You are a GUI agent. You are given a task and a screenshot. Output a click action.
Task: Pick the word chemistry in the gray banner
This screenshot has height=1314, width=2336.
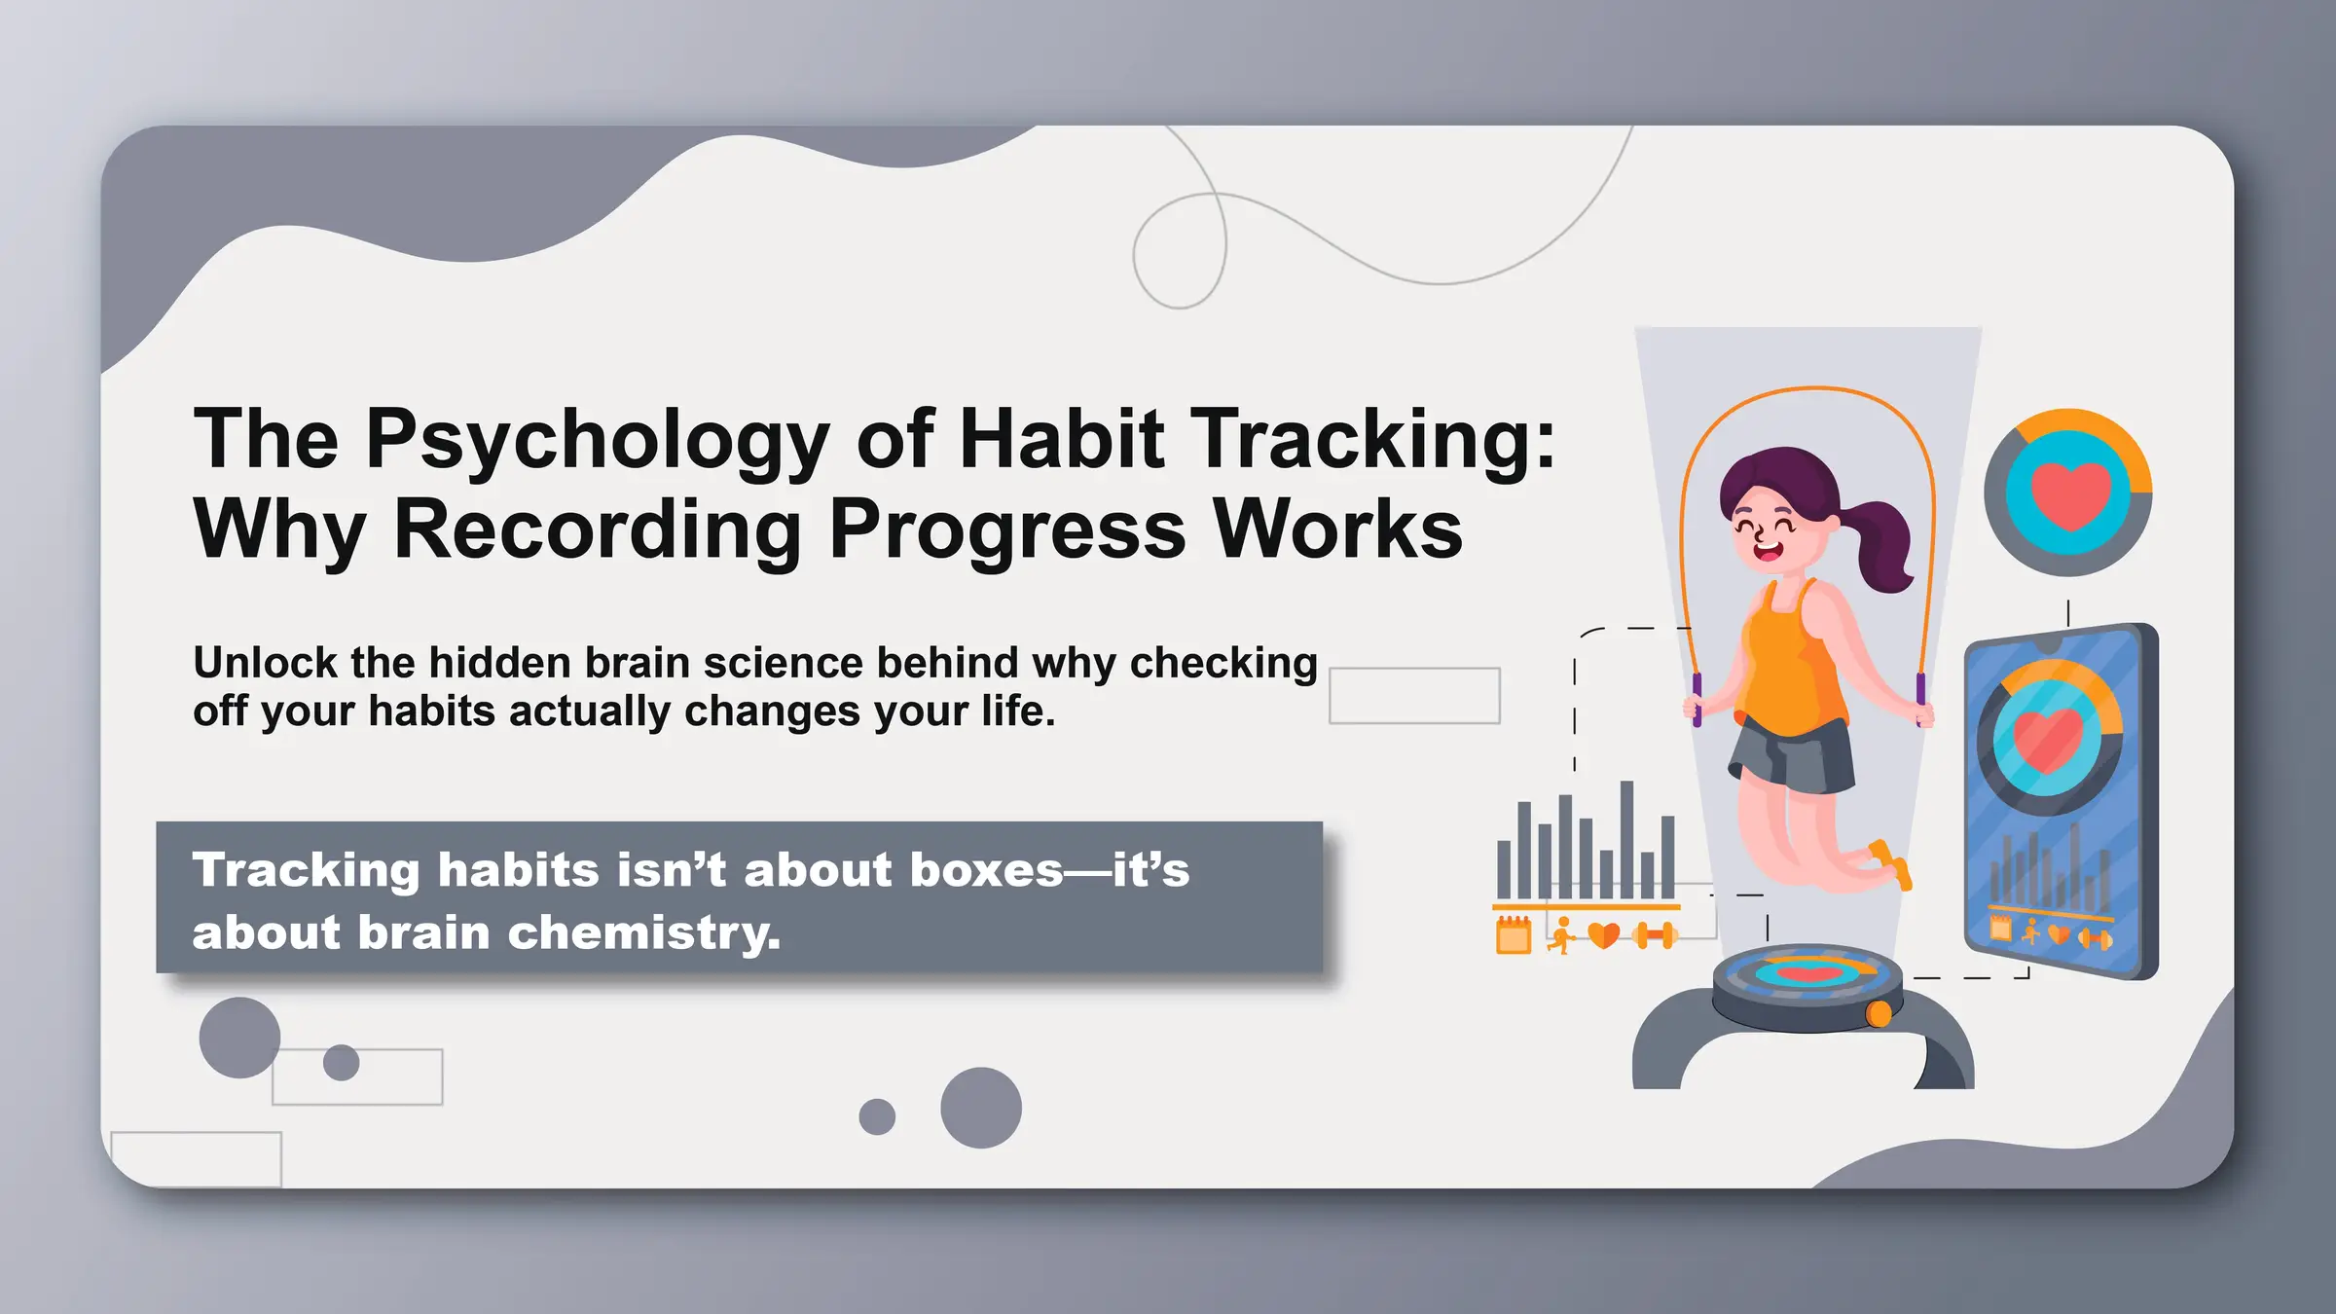pos(642,932)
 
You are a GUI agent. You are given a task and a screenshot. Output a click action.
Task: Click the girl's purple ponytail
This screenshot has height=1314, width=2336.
pos(1884,545)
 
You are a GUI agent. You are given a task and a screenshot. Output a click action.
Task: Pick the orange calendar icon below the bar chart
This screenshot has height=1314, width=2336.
pos(1513,935)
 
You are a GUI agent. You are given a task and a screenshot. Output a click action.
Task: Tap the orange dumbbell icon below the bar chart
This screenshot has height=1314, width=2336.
pos(1656,936)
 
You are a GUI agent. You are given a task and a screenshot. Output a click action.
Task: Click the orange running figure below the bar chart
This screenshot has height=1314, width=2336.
pos(1561,935)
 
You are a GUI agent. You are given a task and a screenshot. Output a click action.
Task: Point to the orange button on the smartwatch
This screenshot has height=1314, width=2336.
pos(1879,1014)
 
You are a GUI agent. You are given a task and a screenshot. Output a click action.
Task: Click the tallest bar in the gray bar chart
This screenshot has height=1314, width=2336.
pos(1626,839)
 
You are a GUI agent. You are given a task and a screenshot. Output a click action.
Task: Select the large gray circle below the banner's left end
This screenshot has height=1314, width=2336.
pos(239,1038)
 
